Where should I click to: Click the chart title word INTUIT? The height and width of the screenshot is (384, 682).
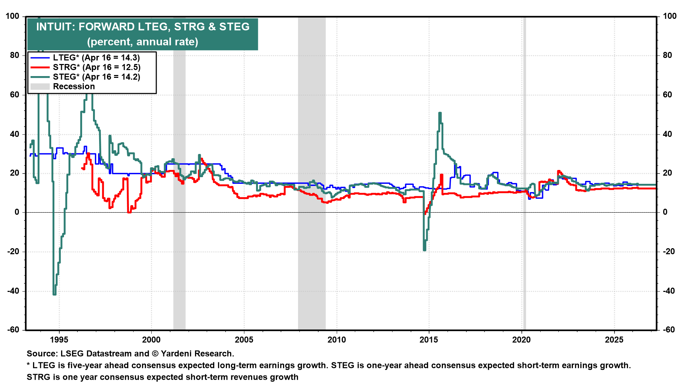(55, 27)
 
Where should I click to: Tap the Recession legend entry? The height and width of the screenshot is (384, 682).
(74, 86)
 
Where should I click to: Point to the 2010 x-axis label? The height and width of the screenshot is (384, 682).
(336, 340)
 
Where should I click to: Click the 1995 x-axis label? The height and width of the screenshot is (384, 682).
(59, 340)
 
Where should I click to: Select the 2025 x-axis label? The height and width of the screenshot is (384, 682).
(614, 340)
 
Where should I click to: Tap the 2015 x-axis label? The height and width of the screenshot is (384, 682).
(429, 340)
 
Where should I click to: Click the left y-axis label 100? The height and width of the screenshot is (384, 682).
(13, 16)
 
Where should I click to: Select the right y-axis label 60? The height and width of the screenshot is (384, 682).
(667, 95)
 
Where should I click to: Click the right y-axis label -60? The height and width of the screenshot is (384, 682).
(669, 330)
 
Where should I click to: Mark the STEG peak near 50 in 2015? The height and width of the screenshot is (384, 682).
(440, 113)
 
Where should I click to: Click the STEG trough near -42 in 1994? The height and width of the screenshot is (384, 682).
(54, 294)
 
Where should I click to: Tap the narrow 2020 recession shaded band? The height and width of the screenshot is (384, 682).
(524, 178)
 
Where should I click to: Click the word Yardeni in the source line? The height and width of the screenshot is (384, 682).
(177, 354)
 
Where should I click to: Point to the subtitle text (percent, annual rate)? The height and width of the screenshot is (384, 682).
(142, 42)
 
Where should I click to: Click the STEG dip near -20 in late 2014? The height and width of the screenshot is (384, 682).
(424, 250)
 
